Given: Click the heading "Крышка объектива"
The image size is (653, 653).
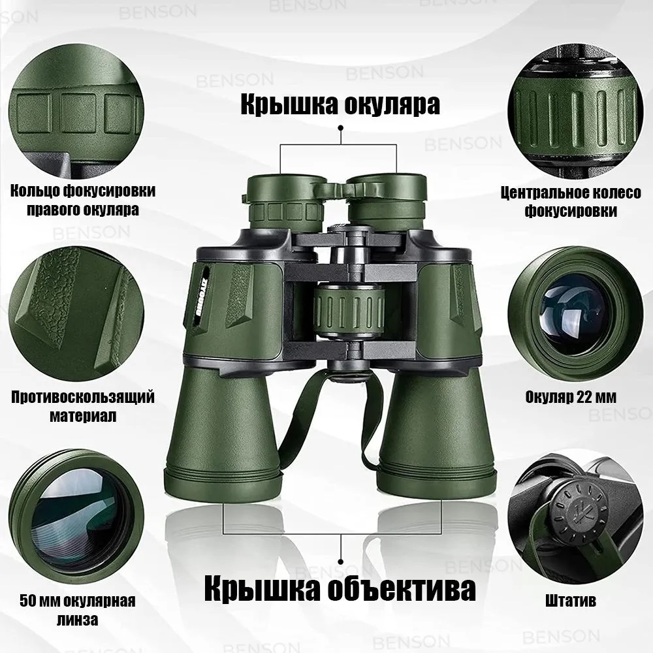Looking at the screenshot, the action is tap(340, 588).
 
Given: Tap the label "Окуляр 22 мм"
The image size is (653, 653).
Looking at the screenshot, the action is tap(571, 397).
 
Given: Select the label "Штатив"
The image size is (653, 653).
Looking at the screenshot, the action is tap(571, 601).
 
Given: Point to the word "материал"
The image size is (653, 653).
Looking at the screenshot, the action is tap(83, 415).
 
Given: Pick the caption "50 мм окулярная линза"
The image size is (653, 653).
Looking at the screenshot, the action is tap(78, 610).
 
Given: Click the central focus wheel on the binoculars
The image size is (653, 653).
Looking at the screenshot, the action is tap(349, 310).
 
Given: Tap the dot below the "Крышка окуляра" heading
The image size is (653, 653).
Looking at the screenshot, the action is tap(341, 128).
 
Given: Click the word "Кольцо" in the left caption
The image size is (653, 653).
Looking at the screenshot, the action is tap(35, 191).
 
